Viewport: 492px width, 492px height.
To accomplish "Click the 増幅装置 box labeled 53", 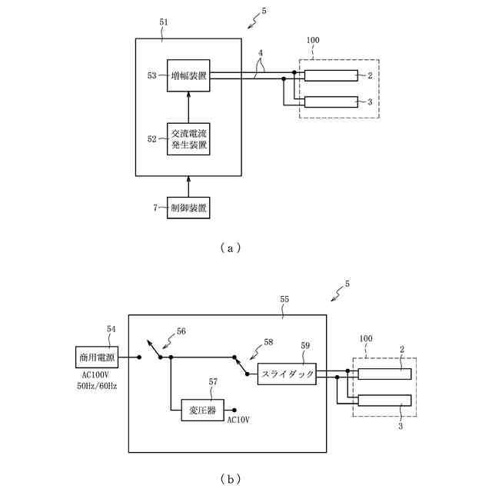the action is (x=188, y=75).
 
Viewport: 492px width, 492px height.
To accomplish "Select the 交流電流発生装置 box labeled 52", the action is (x=188, y=139).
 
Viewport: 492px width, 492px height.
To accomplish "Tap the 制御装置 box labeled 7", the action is (x=188, y=208).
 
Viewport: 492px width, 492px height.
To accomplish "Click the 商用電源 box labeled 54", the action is (x=97, y=357).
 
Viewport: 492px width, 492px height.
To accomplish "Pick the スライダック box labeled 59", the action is (x=287, y=374).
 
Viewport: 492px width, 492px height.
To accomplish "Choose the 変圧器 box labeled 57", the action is (x=203, y=410).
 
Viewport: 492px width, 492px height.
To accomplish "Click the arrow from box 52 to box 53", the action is (x=188, y=108).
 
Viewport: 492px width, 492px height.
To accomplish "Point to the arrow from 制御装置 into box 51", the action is (x=188, y=186).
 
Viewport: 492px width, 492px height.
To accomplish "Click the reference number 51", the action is (x=164, y=22).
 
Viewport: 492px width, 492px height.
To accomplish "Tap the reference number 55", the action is (x=284, y=299).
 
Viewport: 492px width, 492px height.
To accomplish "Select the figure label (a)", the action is (x=231, y=248).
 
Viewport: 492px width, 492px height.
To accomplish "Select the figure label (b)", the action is (x=231, y=479).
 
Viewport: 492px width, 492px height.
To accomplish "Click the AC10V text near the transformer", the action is (x=238, y=420).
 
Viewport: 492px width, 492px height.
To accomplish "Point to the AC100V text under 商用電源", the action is (x=95, y=375).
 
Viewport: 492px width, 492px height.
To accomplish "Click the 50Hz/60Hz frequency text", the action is (x=97, y=386).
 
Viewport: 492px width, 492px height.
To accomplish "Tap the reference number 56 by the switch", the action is (x=181, y=331).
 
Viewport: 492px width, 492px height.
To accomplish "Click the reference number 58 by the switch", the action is (x=268, y=342).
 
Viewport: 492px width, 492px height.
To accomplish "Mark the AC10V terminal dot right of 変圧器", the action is (x=234, y=410).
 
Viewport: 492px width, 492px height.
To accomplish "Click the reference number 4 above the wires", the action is (x=261, y=53).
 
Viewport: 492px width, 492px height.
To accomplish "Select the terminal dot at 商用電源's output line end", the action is (x=139, y=357).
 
